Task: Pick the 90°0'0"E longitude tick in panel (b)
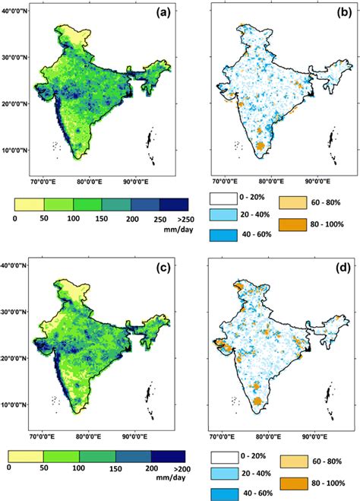coord(314,182)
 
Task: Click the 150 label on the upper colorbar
coord(102,219)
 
